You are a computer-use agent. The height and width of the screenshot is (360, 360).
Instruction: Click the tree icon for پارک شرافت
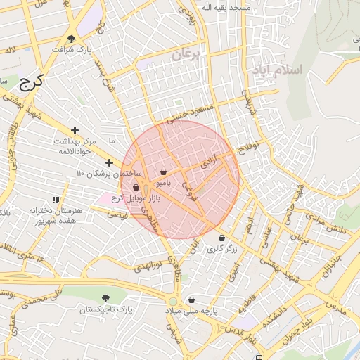point(72,39)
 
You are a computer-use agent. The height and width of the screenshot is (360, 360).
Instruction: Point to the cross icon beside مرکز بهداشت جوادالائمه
point(75,130)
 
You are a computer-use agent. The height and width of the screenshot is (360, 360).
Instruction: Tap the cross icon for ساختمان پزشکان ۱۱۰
point(109,162)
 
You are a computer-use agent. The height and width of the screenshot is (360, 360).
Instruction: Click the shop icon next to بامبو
point(163,172)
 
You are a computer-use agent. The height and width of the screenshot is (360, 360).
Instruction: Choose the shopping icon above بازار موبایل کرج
point(135,187)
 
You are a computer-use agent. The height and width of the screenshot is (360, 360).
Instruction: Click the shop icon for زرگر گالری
point(222,238)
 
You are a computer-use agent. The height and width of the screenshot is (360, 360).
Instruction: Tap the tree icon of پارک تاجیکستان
point(105,298)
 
